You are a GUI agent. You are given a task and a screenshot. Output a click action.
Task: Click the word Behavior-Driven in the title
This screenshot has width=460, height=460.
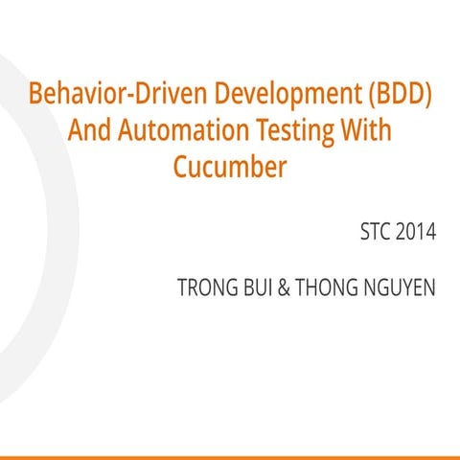click(118, 93)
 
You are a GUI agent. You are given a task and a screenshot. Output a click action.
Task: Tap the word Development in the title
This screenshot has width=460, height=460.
click(287, 95)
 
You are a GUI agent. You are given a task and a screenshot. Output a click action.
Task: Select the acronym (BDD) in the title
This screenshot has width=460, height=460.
click(401, 94)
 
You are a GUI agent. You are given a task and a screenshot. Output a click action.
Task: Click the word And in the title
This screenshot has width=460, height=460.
click(89, 129)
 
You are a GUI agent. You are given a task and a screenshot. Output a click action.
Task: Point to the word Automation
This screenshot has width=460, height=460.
click(183, 129)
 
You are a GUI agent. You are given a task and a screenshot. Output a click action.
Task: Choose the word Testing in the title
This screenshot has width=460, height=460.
click(295, 131)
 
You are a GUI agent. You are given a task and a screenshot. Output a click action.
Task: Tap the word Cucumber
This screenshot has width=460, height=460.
click(230, 166)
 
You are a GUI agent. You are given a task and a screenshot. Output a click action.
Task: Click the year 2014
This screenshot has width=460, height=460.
click(416, 231)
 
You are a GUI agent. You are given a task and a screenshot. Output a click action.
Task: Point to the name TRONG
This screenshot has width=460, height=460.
click(208, 287)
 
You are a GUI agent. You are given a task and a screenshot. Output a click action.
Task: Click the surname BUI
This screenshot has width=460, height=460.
click(258, 287)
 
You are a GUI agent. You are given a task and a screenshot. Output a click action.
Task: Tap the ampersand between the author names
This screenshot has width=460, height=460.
click(284, 287)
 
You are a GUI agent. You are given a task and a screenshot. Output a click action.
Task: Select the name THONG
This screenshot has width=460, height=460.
click(327, 287)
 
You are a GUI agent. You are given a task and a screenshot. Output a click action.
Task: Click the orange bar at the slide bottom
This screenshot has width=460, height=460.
click(230, 458)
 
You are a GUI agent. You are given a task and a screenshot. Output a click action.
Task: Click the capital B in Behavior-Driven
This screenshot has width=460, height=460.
click(35, 93)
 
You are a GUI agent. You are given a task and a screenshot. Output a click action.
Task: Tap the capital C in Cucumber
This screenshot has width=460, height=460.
click(181, 166)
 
